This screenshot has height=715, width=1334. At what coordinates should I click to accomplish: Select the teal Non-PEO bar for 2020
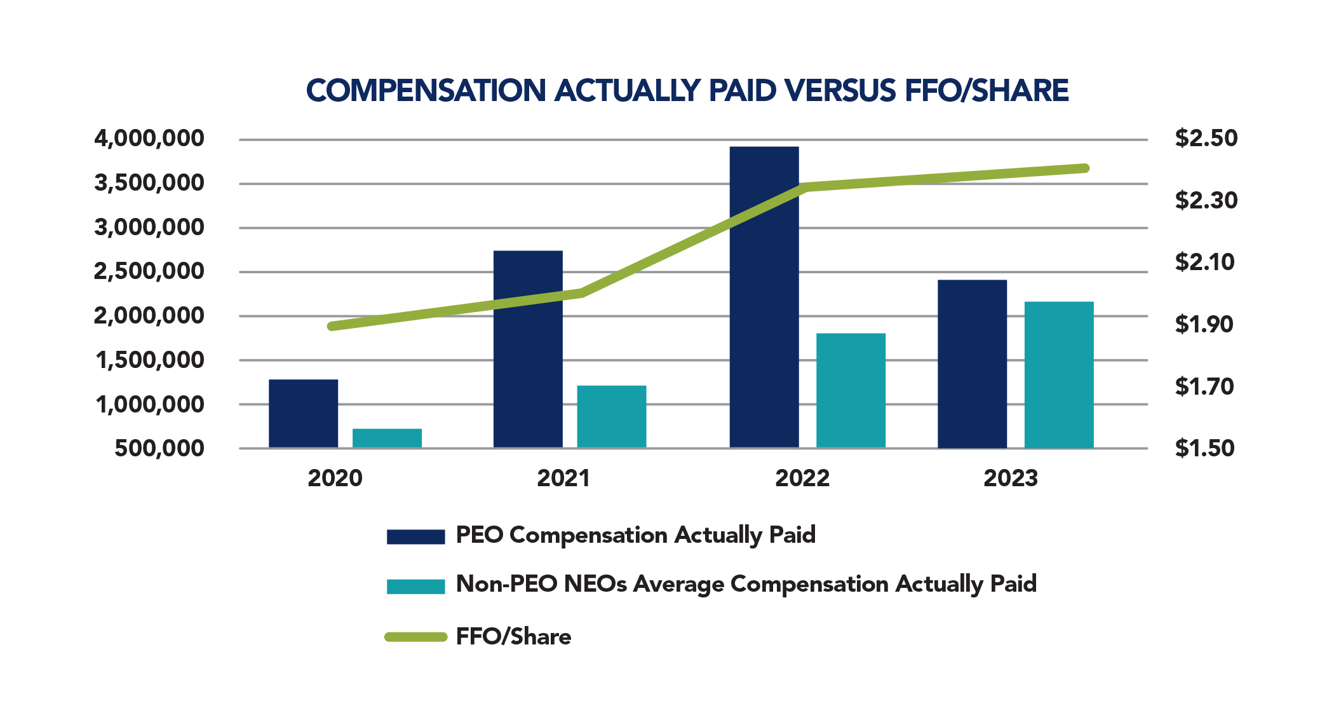coord(387,439)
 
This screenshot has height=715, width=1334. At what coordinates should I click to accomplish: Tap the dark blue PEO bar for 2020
coord(303,414)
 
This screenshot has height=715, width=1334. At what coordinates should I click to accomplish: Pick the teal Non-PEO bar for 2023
coord(1058,375)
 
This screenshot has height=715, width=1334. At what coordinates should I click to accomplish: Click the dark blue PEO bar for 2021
coord(527,349)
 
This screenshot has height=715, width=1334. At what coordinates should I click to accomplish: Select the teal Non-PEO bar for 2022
coord(851,391)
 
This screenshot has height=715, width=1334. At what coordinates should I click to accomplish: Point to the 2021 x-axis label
coord(563,479)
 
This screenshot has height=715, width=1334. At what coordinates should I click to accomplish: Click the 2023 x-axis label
coord(1010,479)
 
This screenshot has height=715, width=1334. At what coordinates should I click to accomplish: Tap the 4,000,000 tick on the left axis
coord(149,139)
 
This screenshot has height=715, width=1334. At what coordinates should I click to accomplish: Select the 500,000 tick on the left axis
coord(159,449)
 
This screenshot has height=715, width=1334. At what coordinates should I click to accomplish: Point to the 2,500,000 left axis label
coord(149,271)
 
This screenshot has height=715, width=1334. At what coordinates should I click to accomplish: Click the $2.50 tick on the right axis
coord(1206,139)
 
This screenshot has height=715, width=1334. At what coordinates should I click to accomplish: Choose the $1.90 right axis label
coord(1203,325)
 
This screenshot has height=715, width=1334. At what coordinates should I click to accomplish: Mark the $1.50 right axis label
coord(1204,449)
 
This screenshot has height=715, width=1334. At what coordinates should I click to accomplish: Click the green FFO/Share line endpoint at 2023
coord(1085,168)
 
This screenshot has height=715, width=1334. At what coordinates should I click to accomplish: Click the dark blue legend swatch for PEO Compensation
coord(415,537)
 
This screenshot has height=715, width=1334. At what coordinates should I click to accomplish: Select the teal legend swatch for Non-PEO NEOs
coord(415,586)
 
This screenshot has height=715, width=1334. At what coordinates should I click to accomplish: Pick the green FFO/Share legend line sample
coord(415,637)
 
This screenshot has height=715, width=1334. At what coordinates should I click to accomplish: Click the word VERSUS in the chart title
coord(839,90)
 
